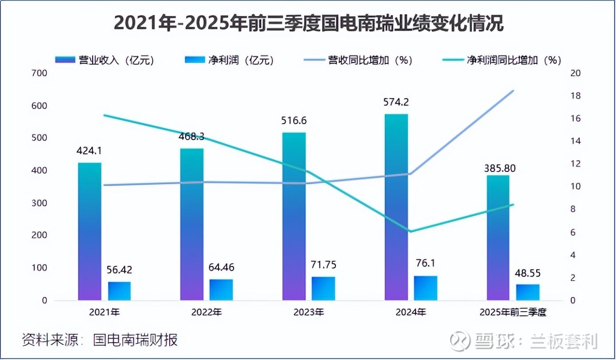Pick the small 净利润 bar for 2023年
(324, 288)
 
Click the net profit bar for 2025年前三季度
(528, 292)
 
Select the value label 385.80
(498, 168)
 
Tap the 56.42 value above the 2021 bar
(119, 270)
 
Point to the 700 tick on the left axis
(39, 73)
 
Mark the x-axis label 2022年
(207, 312)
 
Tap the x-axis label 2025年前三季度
(513, 312)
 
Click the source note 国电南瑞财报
(135, 340)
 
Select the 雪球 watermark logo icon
(460, 340)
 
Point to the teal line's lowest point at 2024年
(411, 231)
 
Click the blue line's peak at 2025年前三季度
(513, 90)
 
